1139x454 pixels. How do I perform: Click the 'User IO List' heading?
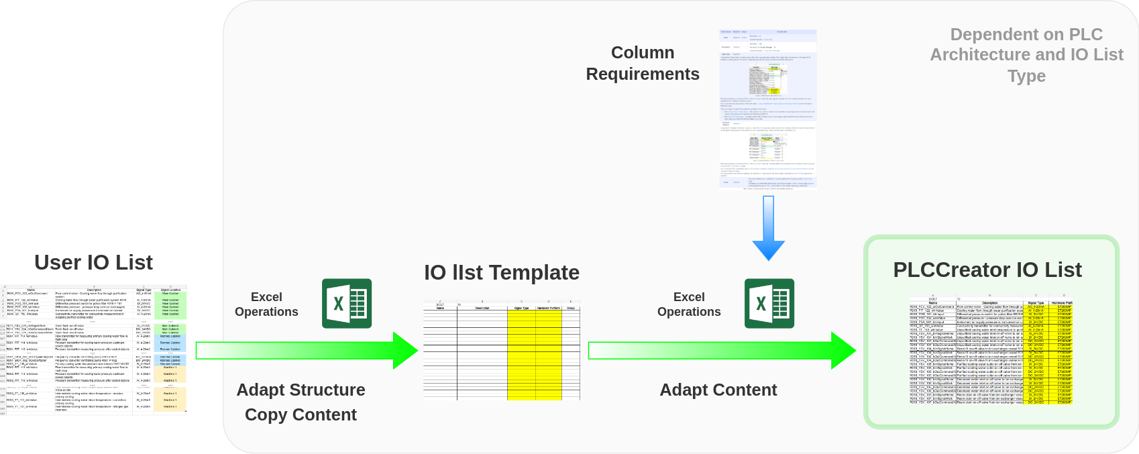pos(93,262)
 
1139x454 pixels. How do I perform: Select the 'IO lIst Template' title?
pos(501,272)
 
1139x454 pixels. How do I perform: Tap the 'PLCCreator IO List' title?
pos(987,270)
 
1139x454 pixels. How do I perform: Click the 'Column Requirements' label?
pos(642,63)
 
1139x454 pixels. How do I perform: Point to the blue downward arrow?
pos(768,228)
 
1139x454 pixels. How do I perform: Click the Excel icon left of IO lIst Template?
pos(347,303)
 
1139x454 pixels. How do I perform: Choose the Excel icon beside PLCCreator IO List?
pos(769,303)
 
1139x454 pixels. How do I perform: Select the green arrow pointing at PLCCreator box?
pos(722,350)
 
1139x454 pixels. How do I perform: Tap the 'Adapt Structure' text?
pos(301,390)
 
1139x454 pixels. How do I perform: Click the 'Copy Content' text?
pos(301,414)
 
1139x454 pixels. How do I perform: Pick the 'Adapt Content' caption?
pos(718,390)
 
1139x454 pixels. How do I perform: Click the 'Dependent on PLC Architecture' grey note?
pos(1026,44)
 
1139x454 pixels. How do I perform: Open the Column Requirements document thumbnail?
pos(767,109)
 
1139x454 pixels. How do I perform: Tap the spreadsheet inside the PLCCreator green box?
pos(991,349)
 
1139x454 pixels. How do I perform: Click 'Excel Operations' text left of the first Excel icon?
pos(266,304)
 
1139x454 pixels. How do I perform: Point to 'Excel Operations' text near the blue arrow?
pos(689,304)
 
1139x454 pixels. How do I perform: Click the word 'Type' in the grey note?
pos(1026,76)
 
